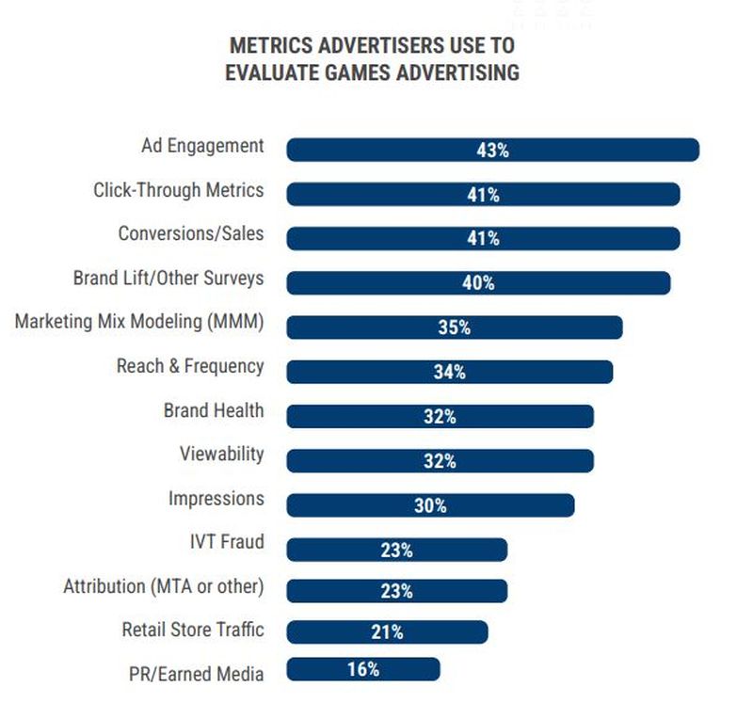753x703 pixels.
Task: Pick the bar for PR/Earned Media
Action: tap(320, 669)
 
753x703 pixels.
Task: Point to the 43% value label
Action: tap(492, 150)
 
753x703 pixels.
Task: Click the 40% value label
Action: tap(478, 282)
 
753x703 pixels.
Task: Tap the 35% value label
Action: tap(454, 328)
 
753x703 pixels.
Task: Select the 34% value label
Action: tap(449, 372)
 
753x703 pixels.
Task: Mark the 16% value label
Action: tap(363, 669)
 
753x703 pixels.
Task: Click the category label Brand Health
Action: tap(214, 410)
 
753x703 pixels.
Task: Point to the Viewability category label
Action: tap(222, 455)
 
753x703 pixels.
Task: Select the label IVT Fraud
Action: tap(227, 542)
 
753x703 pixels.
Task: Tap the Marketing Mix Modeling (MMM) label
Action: tap(139, 322)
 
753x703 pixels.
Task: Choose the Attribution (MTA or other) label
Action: tap(164, 586)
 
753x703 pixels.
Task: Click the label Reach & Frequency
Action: tap(190, 366)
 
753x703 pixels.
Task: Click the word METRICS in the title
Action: tap(269, 45)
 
